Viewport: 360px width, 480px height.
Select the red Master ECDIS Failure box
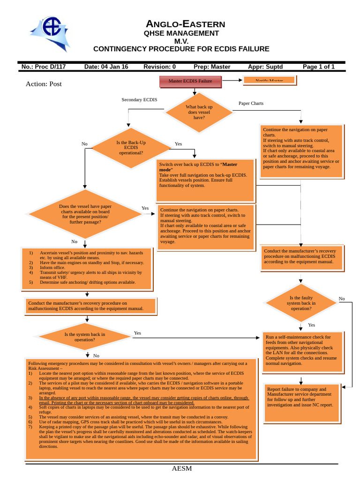tap(190, 81)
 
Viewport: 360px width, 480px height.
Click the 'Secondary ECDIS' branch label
tap(139, 100)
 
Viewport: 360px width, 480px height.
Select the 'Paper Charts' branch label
tap(251, 103)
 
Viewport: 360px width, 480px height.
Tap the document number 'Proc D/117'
tap(44, 67)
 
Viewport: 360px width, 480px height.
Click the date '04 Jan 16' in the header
tap(106, 67)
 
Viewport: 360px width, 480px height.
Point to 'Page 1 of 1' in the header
tap(318, 67)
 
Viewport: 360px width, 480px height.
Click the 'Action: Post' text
tap(44, 84)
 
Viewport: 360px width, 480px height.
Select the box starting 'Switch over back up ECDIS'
tap(205, 180)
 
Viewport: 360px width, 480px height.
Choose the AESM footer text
tap(181, 469)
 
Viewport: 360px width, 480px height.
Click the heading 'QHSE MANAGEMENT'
tap(181, 33)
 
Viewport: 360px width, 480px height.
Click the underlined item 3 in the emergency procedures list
tap(141, 400)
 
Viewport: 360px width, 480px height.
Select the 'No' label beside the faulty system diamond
tap(342, 299)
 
